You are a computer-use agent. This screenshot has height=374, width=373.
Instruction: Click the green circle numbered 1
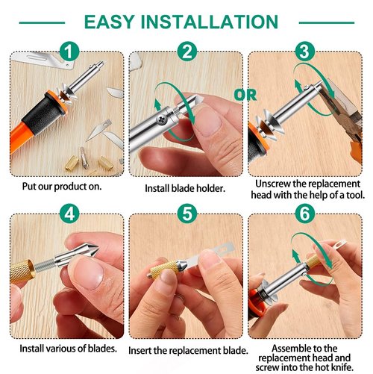[69, 52]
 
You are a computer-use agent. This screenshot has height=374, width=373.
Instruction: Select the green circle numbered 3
[304, 52]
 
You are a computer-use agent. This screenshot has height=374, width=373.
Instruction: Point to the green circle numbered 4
[69, 215]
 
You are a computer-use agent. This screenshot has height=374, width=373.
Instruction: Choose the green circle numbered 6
[304, 215]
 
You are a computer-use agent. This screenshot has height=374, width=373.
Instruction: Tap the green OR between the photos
[245, 96]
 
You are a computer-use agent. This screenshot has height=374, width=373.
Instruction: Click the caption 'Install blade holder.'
[186, 189]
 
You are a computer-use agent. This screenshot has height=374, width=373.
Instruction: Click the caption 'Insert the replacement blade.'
[186, 350]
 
